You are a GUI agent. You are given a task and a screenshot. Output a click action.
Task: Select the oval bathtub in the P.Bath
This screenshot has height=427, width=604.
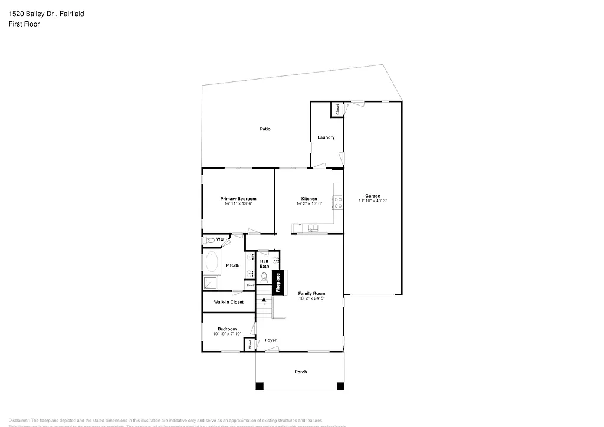(211, 262)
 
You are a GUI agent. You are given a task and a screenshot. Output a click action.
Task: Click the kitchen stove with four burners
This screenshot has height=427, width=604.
(339, 203)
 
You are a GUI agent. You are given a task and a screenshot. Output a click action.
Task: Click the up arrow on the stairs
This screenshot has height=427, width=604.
(264, 303)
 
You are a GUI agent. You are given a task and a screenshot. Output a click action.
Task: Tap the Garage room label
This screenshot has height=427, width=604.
(372, 196)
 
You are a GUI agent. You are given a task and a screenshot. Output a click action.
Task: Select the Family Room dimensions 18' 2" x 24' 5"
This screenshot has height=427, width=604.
(311, 298)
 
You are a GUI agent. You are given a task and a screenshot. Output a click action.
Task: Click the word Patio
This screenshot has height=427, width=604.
(265, 129)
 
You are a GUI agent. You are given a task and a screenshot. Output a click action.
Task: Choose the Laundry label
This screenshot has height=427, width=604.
(326, 137)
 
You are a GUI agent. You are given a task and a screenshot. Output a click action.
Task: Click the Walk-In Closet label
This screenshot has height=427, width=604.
(228, 302)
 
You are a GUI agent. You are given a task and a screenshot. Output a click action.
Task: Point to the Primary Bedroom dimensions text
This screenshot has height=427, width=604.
(238, 203)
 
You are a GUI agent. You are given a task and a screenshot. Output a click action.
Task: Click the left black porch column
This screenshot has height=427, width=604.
(260, 386)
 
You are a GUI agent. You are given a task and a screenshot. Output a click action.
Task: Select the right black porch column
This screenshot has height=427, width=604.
(340, 386)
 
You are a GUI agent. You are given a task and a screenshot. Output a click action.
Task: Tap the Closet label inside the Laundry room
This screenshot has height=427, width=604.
(337, 109)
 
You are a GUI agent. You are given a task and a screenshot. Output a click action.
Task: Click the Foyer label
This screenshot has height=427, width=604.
(270, 340)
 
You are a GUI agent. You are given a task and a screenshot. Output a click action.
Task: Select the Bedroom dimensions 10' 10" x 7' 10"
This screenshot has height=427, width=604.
(227, 334)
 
